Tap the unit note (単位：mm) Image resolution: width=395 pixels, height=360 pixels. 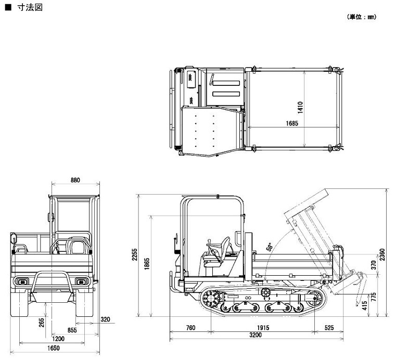click(x=361, y=17)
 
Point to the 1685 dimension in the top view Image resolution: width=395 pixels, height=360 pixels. click(x=291, y=123)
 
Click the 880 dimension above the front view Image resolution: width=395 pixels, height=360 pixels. click(x=75, y=180)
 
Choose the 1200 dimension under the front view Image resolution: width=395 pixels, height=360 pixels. click(x=59, y=338)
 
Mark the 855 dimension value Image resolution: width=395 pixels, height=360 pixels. click(x=72, y=329)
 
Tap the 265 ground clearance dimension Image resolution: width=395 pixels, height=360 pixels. click(x=42, y=323)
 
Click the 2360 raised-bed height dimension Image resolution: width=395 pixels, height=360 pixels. click(x=383, y=254)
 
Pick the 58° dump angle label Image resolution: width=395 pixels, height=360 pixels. click(x=269, y=247)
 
